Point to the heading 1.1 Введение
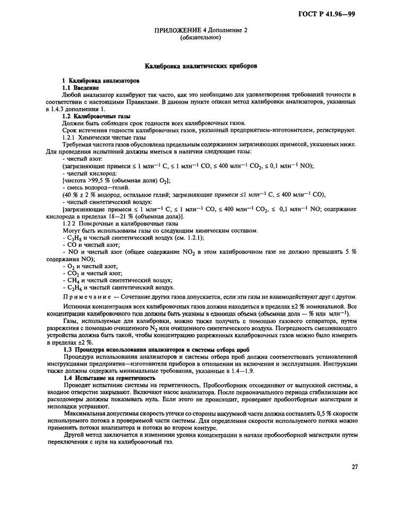tap(80, 86)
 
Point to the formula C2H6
tap(74, 288)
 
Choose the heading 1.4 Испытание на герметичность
tap(109, 378)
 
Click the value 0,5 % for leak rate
tap(306, 413)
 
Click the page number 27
tap(355, 466)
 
